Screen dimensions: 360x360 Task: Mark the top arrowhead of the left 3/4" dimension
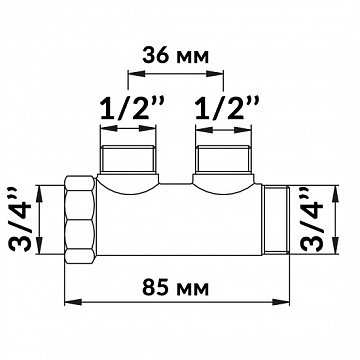(x=39, y=184)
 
